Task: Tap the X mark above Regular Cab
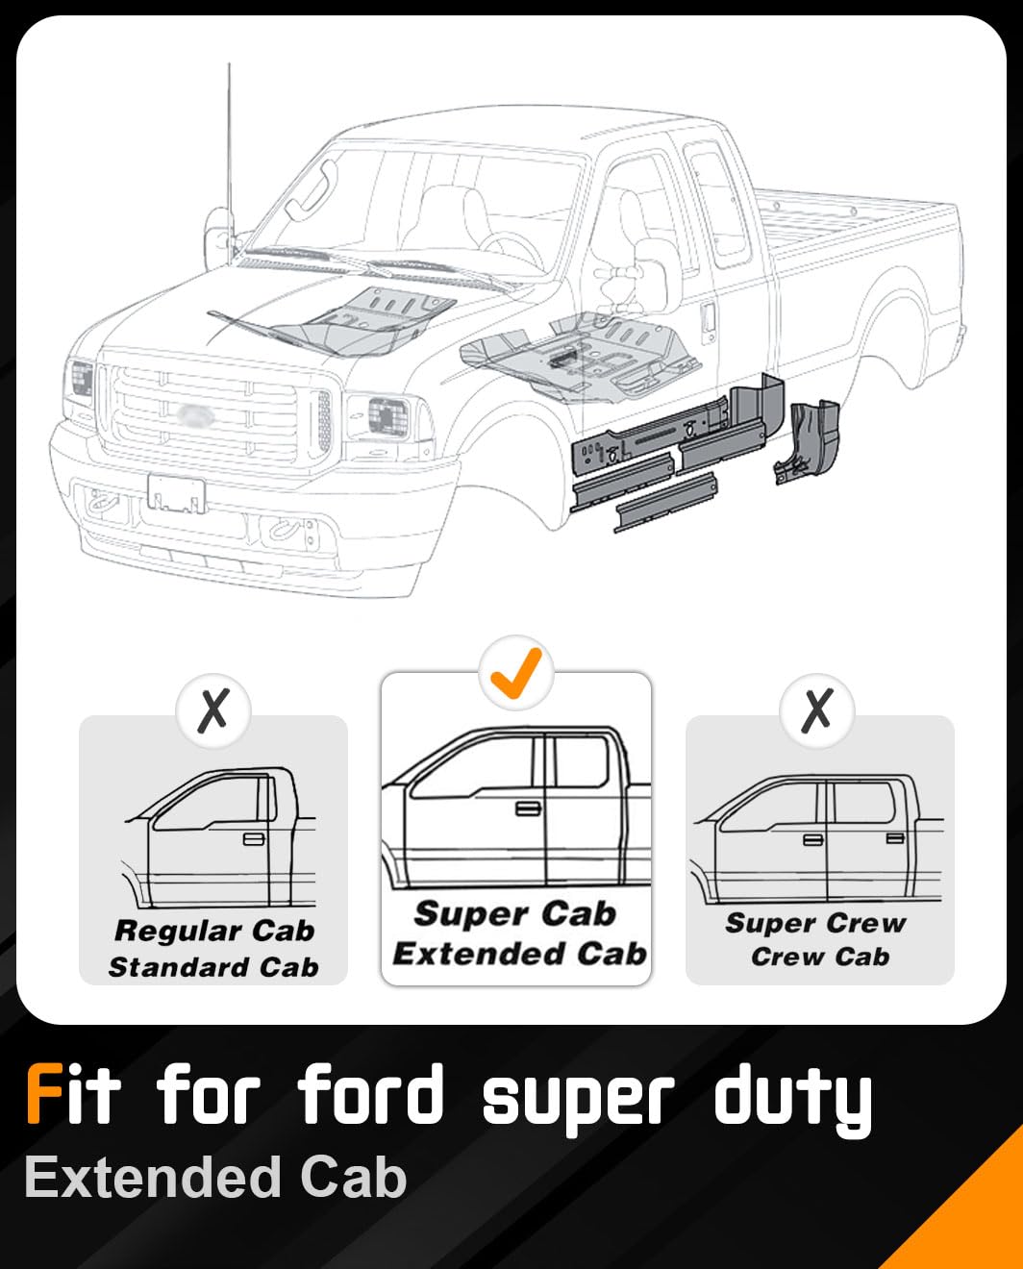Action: point(213,710)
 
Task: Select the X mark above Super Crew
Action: point(816,710)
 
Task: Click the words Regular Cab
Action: point(214,931)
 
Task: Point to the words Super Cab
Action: point(514,913)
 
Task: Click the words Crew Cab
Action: point(820,957)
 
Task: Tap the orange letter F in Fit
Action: point(44,1094)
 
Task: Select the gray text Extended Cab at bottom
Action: point(215,1178)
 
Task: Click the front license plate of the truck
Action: point(176,494)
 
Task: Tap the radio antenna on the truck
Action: point(229,144)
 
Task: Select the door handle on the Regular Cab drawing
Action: point(254,839)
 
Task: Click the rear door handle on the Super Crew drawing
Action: point(895,838)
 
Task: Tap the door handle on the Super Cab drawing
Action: point(528,808)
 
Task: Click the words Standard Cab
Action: point(213,967)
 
